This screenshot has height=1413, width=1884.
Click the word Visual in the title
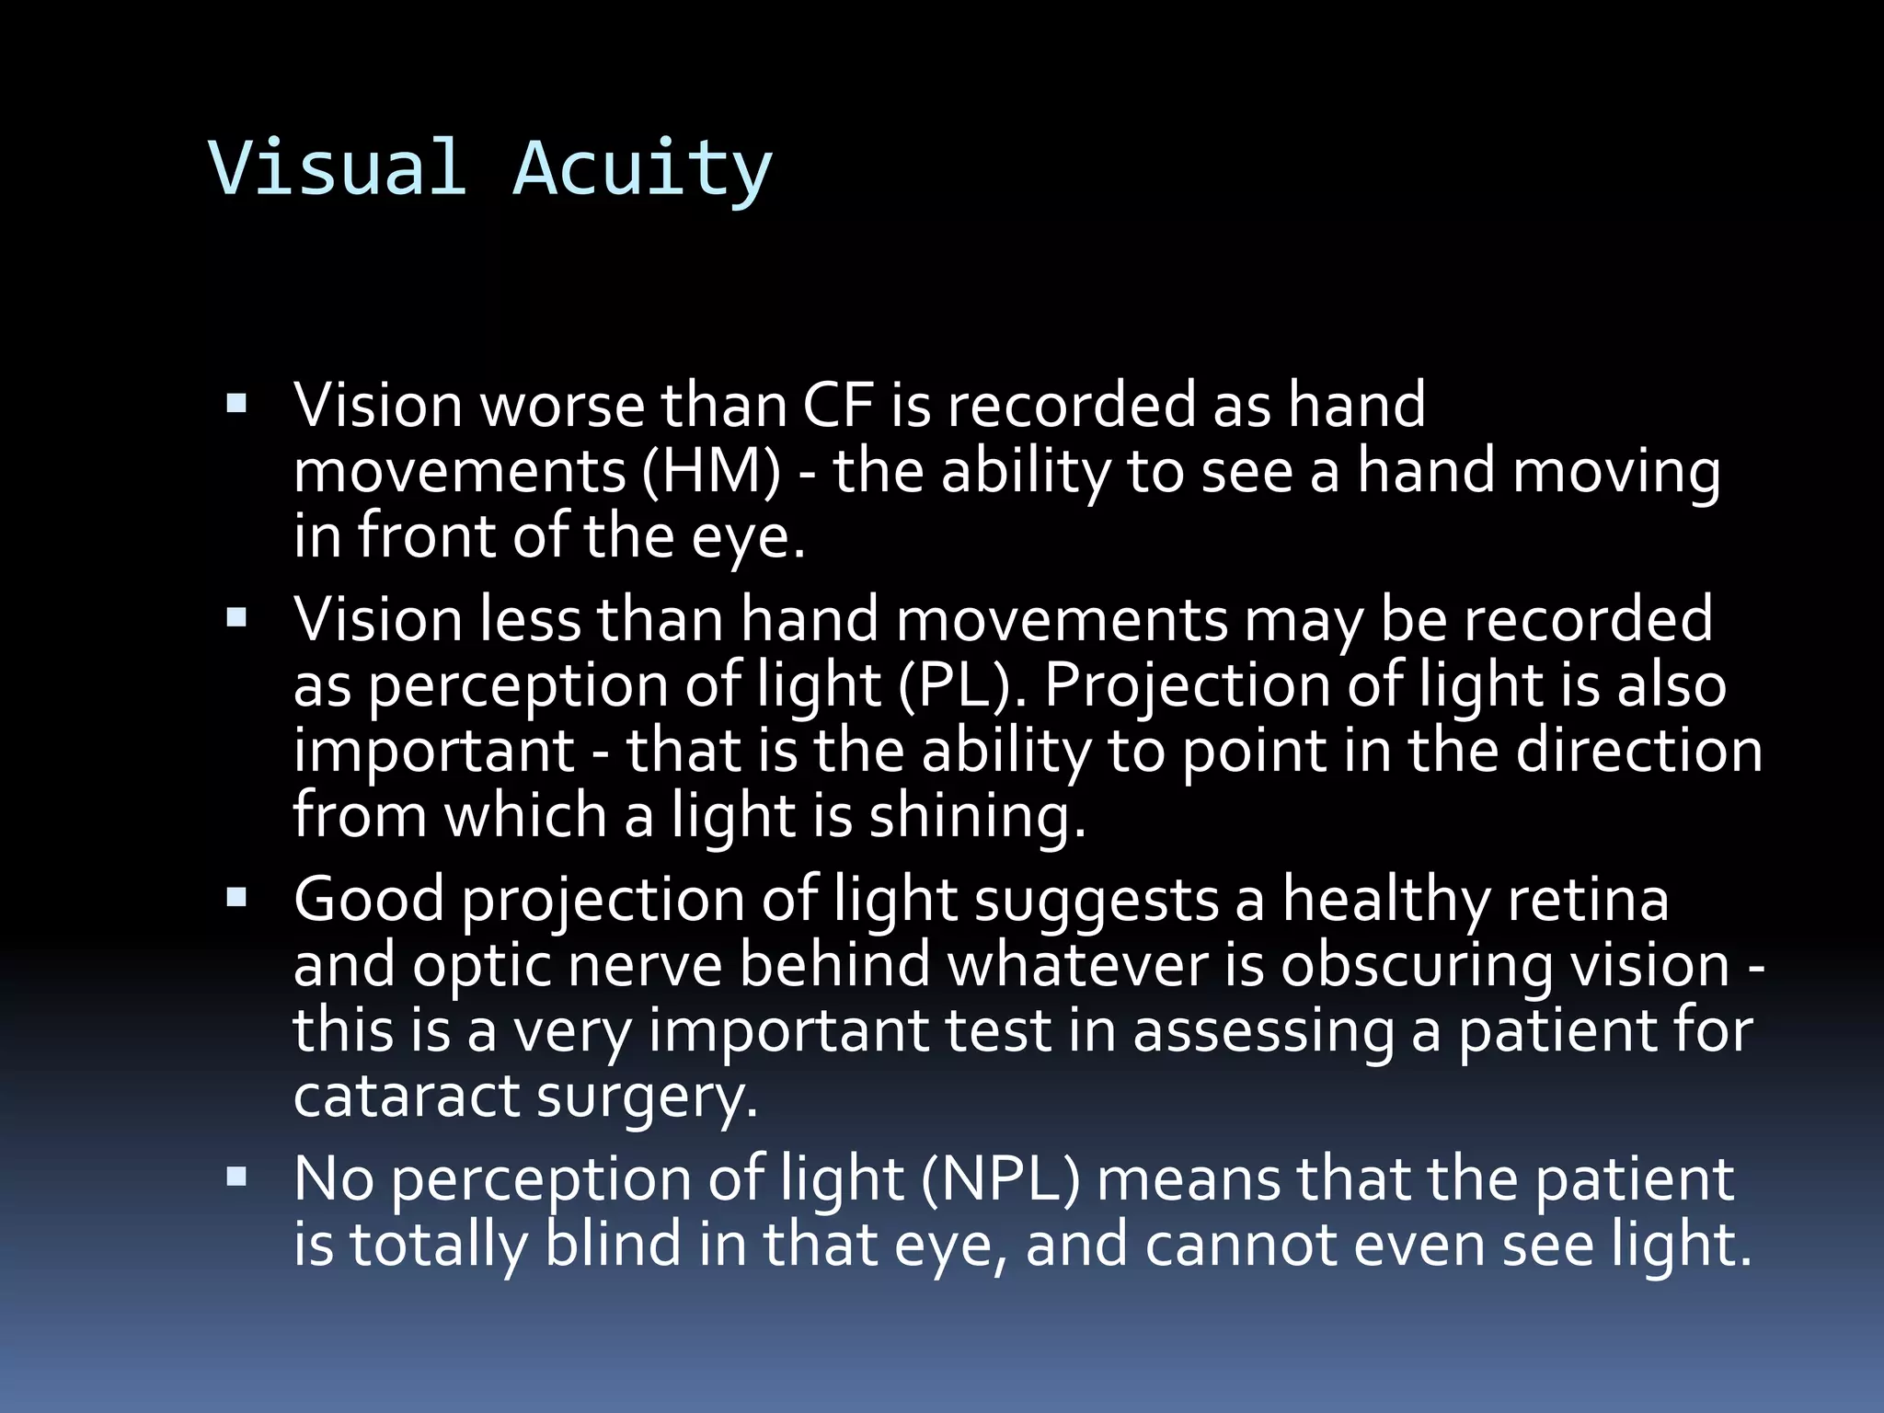pyautogui.click(x=338, y=168)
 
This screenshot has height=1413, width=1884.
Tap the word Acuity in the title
pyautogui.click(x=641, y=170)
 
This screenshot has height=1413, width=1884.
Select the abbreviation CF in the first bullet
pyautogui.click(x=837, y=405)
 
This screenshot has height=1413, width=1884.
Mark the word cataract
pyautogui.click(x=406, y=1096)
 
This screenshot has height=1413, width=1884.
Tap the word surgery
pyautogui.click(x=647, y=1098)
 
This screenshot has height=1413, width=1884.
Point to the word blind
pyautogui.click(x=613, y=1244)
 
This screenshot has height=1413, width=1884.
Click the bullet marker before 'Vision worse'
pyautogui.click(x=236, y=403)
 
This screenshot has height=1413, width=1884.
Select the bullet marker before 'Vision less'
pyautogui.click(x=236, y=617)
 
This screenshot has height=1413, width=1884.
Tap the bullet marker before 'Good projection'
pyautogui.click(x=236, y=897)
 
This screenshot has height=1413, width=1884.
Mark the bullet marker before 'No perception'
pyautogui.click(x=236, y=1177)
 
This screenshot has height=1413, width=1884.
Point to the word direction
pyautogui.click(x=1639, y=751)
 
